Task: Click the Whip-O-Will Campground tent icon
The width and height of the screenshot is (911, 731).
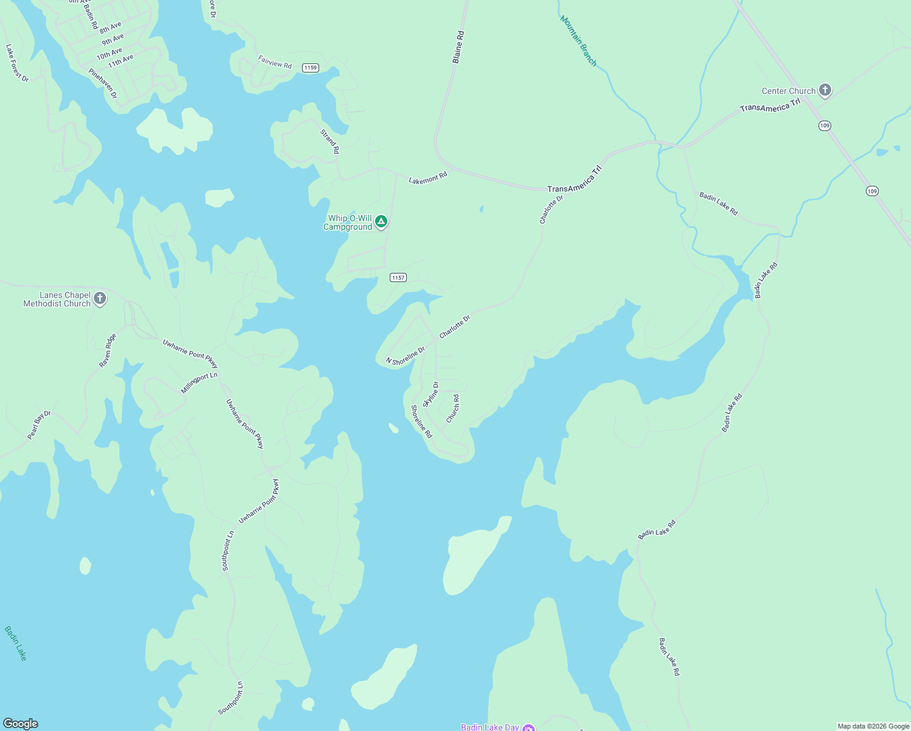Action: (381, 221)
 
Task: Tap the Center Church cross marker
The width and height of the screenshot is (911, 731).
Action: (825, 91)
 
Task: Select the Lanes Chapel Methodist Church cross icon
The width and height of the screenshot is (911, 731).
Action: (100, 298)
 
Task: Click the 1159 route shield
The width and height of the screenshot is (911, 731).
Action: (311, 68)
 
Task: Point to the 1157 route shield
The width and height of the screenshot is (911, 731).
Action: (398, 278)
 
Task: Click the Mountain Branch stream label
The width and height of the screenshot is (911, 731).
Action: (578, 41)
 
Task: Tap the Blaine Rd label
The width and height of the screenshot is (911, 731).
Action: (458, 48)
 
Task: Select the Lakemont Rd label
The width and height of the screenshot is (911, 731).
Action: (427, 178)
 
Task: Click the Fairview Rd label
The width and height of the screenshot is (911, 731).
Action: (275, 62)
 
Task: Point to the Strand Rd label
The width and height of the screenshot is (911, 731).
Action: (330, 141)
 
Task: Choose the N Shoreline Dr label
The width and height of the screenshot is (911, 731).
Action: (406, 356)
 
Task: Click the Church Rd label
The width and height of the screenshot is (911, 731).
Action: (453, 408)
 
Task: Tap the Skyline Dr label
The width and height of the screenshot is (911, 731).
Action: (431, 394)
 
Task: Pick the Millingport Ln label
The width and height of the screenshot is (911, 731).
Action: (199, 383)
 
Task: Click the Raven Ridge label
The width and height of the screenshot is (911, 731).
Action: (108, 350)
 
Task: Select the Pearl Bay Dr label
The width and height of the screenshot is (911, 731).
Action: (39, 425)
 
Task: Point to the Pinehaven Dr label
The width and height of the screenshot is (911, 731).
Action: (102, 83)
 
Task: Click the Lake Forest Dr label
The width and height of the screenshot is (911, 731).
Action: (17, 63)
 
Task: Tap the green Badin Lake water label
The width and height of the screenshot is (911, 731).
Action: (16, 643)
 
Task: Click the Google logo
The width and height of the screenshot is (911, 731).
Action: (21, 724)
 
